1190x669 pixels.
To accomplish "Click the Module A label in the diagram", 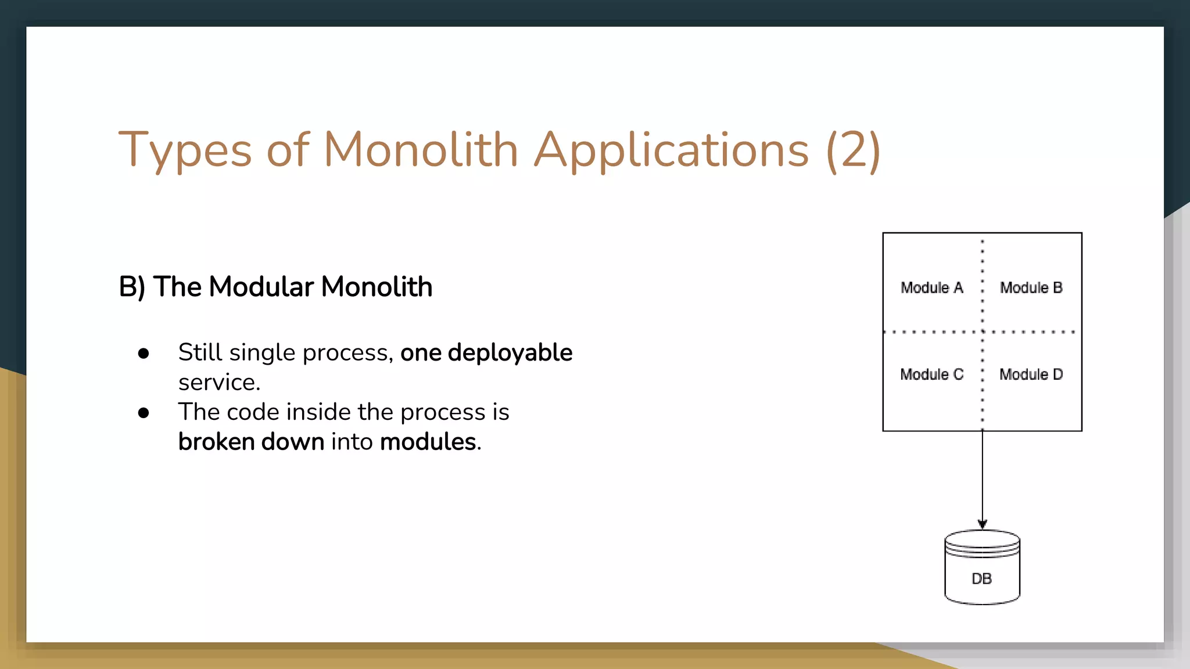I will pyautogui.click(x=931, y=287).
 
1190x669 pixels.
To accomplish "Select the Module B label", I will pyautogui.click(x=1031, y=287).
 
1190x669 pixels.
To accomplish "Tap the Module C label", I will pyautogui.click(x=931, y=375).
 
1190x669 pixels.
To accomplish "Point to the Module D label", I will pyautogui.click(x=1031, y=375).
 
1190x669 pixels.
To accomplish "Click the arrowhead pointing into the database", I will pyautogui.click(x=983, y=524).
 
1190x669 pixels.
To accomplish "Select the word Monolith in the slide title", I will pyautogui.click(x=420, y=150).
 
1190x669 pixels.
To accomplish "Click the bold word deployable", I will pyautogui.click(x=510, y=353).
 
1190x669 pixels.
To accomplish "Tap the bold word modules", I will pyautogui.click(x=428, y=442).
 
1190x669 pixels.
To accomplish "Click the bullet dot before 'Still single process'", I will pyautogui.click(x=144, y=354).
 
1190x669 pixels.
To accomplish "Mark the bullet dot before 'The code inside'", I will pyautogui.click(x=144, y=413).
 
